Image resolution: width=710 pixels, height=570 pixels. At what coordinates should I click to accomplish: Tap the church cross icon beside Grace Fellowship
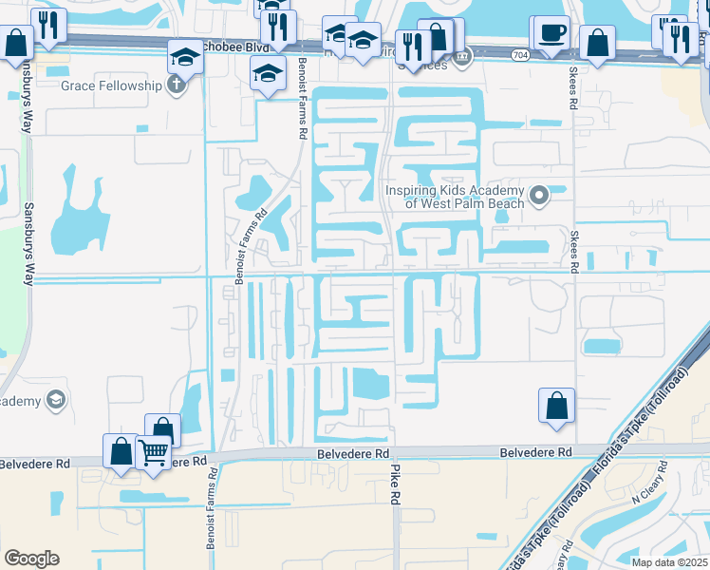[x=176, y=85]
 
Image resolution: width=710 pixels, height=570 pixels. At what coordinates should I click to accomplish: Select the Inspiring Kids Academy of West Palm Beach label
[x=454, y=197]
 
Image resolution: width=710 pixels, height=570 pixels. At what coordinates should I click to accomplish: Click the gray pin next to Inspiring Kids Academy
[x=539, y=197]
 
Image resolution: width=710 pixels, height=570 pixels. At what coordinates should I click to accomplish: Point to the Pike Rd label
[x=396, y=503]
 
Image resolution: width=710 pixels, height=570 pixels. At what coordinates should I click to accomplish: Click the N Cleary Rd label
[x=649, y=490]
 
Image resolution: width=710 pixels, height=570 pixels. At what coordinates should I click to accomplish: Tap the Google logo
[x=31, y=559]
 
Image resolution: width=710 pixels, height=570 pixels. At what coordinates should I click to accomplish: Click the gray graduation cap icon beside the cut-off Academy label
[x=56, y=400]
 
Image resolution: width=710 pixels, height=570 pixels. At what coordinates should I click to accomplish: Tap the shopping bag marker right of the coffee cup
[x=597, y=44]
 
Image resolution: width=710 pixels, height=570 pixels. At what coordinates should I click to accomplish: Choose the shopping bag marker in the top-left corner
[x=17, y=43]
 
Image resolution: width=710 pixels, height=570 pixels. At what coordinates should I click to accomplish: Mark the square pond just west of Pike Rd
[x=370, y=383]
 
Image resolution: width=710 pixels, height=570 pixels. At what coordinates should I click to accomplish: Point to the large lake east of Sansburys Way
[x=75, y=214]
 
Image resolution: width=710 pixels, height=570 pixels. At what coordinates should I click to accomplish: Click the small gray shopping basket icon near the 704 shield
[x=463, y=57]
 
